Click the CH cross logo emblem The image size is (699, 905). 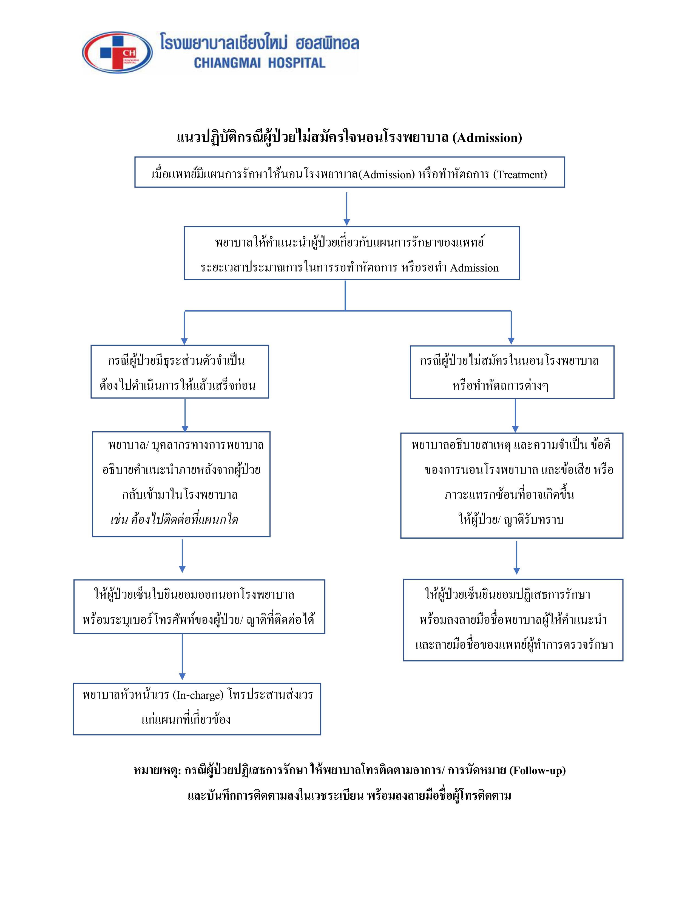[118, 53]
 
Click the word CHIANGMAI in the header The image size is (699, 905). [227, 63]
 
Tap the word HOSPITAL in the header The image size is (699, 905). [297, 63]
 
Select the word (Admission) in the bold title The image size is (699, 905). [487, 138]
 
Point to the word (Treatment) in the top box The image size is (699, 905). [520, 174]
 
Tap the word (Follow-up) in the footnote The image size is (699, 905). [538, 770]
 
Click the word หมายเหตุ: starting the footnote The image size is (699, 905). [157, 770]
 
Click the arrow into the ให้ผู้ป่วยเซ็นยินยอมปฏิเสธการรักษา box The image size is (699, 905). [516, 557]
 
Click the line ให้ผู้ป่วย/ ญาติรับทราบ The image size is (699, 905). [511, 519]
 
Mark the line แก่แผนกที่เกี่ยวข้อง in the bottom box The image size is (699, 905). [186, 719]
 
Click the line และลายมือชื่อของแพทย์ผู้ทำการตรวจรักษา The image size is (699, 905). [514, 645]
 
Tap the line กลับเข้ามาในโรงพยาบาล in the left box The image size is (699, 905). [180, 495]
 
